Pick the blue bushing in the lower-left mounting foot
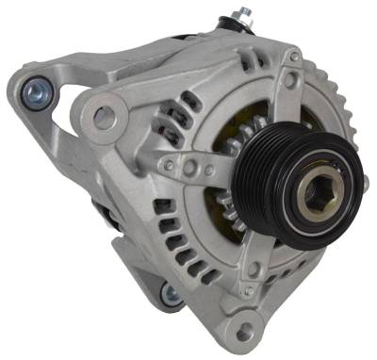pyautogui.click(x=171, y=294)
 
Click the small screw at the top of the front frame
pyautogui.click(x=294, y=58)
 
